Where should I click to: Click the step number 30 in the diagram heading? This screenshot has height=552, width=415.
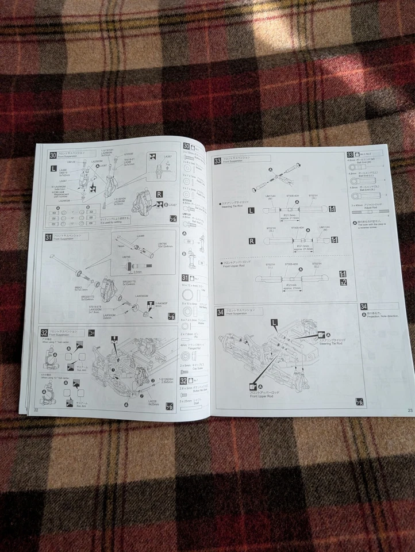[x=53, y=154]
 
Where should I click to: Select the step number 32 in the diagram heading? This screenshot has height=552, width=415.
[x=44, y=332]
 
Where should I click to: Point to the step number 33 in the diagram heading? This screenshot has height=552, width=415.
[x=217, y=160]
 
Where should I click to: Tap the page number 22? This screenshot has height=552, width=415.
[x=36, y=410]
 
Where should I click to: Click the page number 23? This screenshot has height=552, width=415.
[x=409, y=410]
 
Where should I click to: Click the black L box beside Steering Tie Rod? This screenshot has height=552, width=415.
[x=251, y=211]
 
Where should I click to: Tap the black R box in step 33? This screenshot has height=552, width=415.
[x=251, y=240]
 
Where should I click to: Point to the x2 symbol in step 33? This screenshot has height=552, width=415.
[x=343, y=283]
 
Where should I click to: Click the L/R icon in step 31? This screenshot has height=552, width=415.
[x=171, y=316]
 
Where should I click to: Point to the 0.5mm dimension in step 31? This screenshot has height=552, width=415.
[x=137, y=272]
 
